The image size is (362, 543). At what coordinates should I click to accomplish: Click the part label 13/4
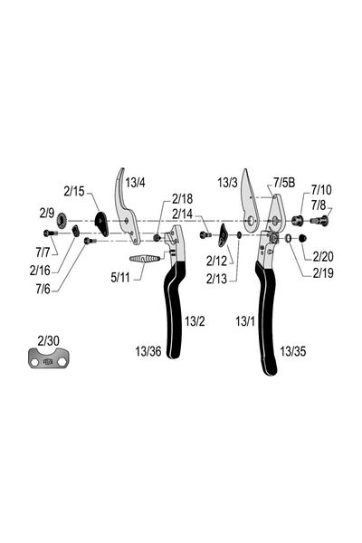pos(135,182)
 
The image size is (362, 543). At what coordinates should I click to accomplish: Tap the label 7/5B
pos(284,182)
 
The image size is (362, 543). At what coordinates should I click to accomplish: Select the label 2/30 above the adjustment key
pos(48,341)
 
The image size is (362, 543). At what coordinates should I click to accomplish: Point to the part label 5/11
pos(119,277)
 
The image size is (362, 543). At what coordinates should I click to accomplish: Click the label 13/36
pos(148,351)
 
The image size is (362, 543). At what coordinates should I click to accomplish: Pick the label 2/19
pos(323,273)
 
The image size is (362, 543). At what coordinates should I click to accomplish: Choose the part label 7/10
pos(320,190)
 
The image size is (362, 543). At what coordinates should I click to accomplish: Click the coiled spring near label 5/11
pos(145,258)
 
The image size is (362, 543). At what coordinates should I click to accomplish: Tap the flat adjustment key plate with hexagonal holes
pos(48,357)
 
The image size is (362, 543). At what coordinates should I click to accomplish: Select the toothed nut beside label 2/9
pos(62,220)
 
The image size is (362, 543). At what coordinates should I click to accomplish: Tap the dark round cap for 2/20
pos(303,238)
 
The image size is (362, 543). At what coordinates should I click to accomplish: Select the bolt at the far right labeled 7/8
pos(319,220)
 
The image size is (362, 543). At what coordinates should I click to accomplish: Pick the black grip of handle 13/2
pos(173,310)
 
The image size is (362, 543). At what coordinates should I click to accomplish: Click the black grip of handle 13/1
pos(266,319)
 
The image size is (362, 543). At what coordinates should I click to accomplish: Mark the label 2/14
pos(182,214)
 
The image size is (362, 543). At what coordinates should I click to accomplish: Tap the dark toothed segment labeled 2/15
pos(102,224)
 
